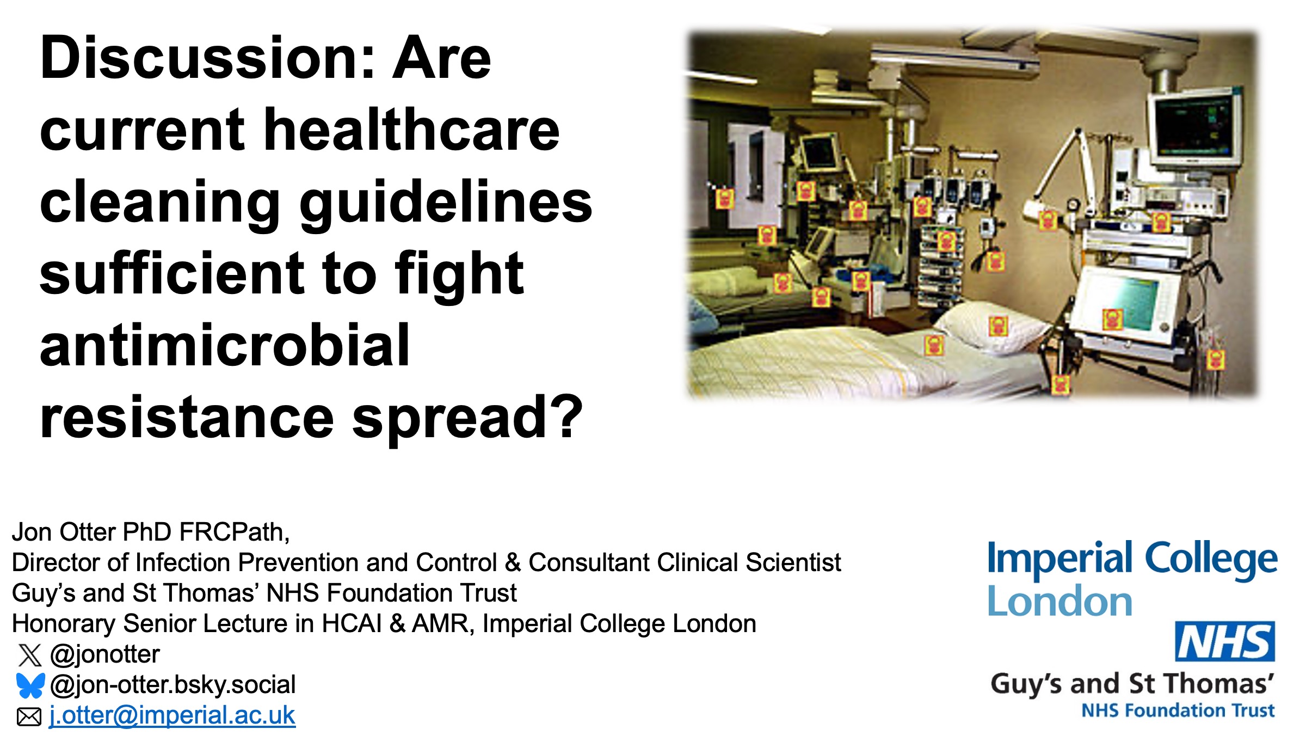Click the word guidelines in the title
coord(446,203)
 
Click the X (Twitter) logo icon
coord(29,655)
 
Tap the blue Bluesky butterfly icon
coord(30,685)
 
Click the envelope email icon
coord(29,716)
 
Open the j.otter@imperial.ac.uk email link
coord(172,715)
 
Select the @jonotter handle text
coord(105,654)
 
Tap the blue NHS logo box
coord(1224,641)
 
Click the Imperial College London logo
coord(1132,579)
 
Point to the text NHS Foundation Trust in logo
coord(1178,710)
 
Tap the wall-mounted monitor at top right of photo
coord(1194,127)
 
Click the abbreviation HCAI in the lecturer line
coord(352,624)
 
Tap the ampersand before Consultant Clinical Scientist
coord(513,563)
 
